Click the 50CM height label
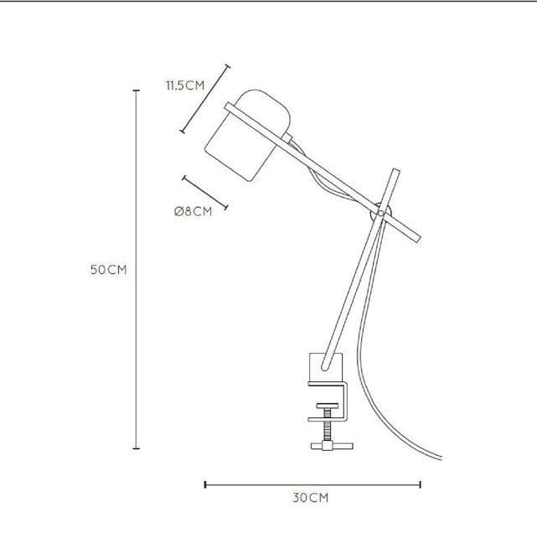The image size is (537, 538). [x=108, y=270]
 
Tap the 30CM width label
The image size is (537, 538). [x=311, y=498]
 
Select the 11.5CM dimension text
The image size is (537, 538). [x=185, y=85]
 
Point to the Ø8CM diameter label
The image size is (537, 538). [x=193, y=211]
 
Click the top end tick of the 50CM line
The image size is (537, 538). [x=137, y=91]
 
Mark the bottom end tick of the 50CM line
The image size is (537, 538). [x=137, y=448]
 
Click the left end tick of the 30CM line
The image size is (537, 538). [x=205, y=484]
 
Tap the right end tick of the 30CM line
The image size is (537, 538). [x=420, y=484]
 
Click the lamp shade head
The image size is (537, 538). [x=248, y=135]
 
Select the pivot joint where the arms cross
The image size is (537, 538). [x=380, y=214]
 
